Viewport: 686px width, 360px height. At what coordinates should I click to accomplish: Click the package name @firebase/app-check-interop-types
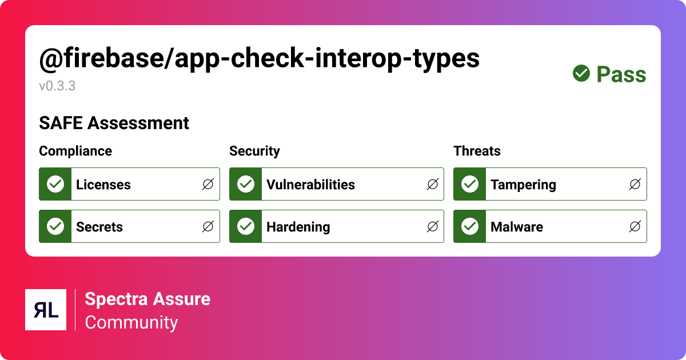coord(259,59)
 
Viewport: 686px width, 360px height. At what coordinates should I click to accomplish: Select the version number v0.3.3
coord(57,86)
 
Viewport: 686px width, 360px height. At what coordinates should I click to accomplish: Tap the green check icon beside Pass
coord(581,74)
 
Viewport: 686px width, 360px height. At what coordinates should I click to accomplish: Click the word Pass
coord(621,74)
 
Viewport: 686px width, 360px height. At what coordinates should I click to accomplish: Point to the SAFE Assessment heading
coord(114,123)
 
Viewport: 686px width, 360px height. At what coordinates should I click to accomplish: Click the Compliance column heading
coord(75,151)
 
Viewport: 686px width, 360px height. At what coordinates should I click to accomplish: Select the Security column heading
coord(254,151)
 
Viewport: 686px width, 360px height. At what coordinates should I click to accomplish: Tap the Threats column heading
coord(477,151)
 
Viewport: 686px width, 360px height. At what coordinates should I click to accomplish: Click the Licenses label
coord(103,185)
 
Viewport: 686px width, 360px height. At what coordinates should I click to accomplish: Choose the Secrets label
coord(99,227)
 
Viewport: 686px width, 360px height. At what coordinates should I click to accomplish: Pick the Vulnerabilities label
coord(310,185)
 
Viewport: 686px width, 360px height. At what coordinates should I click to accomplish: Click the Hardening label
coord(298,227)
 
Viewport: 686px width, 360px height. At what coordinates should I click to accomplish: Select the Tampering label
coord(523,185)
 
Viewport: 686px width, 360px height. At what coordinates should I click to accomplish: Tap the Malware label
coord(517,227)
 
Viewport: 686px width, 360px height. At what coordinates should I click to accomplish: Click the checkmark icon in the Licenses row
coord(55,184)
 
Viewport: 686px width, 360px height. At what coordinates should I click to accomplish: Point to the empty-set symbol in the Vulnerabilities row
coord(432,184)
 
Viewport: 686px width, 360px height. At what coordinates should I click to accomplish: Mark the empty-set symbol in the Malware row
coord(635,227)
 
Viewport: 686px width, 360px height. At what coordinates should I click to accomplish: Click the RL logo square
coord(46,310)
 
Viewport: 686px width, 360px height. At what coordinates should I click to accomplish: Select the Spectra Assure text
coord(147,299)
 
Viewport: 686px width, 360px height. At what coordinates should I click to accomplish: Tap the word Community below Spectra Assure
coord(131,322)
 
